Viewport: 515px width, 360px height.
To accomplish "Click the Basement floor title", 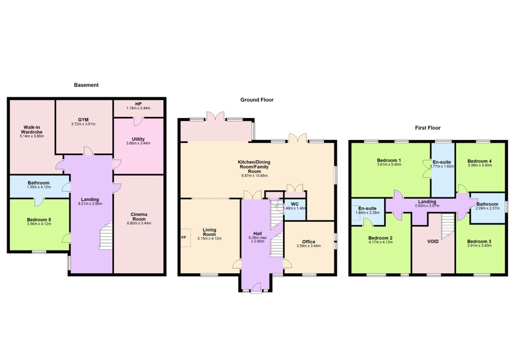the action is [x=86, y=85].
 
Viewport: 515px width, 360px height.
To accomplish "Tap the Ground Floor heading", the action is [x=257, y=100].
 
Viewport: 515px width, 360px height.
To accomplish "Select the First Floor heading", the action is [x=428, y=128].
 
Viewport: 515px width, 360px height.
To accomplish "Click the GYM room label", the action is [x=83, y=120].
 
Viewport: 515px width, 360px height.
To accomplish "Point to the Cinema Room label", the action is [x=139, y=216].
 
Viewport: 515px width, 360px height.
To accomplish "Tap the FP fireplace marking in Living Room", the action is [x=183, y=237].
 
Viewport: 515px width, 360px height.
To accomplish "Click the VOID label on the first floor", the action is [x=433, y=241].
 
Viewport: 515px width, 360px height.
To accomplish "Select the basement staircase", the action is [x=106, y=236].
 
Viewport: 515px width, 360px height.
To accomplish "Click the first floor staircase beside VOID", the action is [x=448, y=227].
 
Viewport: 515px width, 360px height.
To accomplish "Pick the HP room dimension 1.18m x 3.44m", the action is [x=138, y=108].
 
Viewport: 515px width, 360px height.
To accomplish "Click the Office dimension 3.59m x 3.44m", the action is [x=309, y=246].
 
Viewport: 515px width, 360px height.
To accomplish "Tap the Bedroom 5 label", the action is [x=39, y=220].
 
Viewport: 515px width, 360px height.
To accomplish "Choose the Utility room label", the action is [x=138, y=139].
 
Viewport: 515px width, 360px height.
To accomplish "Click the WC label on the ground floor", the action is [x=295, y=204].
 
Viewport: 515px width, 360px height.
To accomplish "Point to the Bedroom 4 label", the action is [x=480, y=161].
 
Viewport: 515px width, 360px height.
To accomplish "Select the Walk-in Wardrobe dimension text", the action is [x=32, y=136].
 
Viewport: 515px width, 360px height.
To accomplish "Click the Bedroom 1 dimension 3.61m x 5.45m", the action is [x=389, y=164].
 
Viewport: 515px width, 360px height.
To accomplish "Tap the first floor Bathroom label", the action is [x=487, y=204].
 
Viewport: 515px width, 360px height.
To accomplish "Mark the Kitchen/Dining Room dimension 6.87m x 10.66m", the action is [x=255, y=176].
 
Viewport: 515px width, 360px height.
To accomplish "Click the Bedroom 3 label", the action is [x=479, y=241].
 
